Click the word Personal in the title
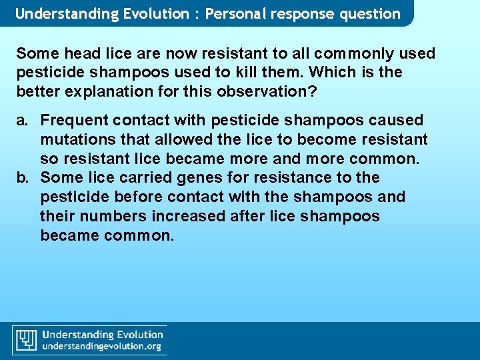(x=233, y=13)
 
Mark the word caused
(x=395, y=121)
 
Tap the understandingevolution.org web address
(x=102, y=346)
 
